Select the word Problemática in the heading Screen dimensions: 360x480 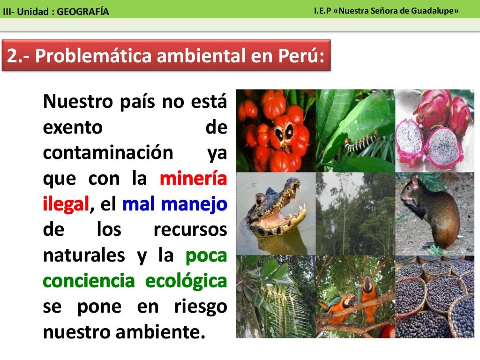94,56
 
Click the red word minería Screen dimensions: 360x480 193,179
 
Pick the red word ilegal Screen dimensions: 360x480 66,204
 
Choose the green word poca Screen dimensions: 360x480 206,256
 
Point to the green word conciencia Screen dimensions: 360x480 89,282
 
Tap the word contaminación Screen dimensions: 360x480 108,153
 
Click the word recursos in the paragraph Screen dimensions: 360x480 190,230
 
